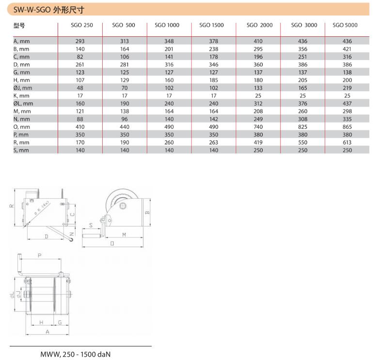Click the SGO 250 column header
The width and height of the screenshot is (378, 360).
tap(82, 25)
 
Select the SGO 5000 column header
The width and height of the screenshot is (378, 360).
tap(345, 25)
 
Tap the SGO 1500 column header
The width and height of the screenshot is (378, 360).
tap(211, 25)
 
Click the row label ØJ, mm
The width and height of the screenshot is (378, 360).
tap(23, 88)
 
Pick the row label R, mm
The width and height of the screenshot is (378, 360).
tap(21, 142)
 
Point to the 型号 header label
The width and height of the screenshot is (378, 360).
tap(19, 25)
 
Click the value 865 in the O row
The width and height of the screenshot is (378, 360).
tap(347, 127)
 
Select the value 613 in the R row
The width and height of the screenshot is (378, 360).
tap(347, 142)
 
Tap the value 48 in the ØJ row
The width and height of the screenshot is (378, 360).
tap(80, 88)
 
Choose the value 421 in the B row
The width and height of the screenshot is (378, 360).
tap(347, 49)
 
